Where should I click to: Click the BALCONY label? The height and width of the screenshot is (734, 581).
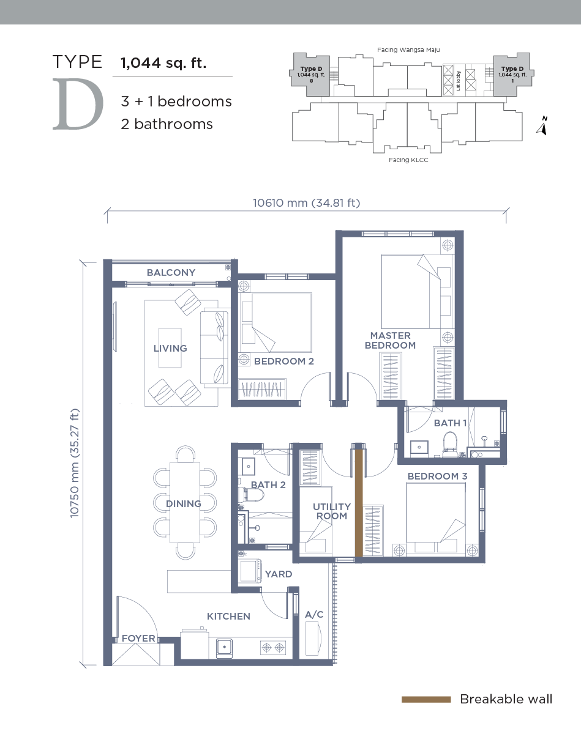pos(171,273)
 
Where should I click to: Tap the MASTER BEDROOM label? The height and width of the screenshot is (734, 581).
pos(390,341)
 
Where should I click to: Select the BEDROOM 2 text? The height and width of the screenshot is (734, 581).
pos(283,361)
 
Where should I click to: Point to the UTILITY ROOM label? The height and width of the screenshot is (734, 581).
pos(331,511)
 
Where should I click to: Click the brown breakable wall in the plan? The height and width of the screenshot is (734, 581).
pos(359,503)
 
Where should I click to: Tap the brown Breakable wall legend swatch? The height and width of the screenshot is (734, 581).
pos(426,700)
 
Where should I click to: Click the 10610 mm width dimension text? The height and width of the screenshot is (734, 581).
pos(306,203)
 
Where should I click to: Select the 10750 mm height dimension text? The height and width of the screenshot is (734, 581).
pos(75,463)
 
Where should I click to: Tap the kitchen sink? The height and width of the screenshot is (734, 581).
pos(224,648)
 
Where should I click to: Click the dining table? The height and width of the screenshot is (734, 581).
pos(185,502)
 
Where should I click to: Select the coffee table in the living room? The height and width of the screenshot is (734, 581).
pos(170,347)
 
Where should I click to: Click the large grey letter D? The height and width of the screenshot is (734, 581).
pos(78,104)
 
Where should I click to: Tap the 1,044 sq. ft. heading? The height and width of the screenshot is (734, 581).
pos(163,63)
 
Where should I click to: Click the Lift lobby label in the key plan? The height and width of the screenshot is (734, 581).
pos(459,81)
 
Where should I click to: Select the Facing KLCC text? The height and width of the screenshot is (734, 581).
pos(408,160)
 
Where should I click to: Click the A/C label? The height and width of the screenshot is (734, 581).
pos(314,615)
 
